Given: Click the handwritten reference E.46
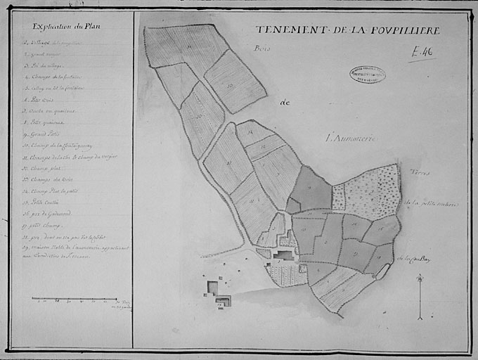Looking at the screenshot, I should click(x=422, y=51).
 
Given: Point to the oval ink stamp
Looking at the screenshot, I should click(x=367, y=75).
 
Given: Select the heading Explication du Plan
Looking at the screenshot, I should click(x=67, y=27).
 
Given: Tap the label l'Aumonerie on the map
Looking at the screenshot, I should click(x=351, y=139).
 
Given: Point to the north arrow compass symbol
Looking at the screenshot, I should click(x=420, y=295).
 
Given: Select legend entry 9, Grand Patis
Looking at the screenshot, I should click(x=42, y=134).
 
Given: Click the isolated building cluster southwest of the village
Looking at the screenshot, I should click(x=218, y=293).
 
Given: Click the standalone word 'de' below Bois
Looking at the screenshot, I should click(x=285, y=103).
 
